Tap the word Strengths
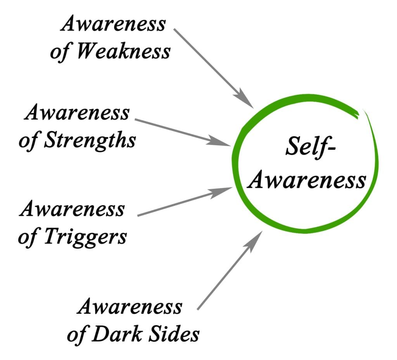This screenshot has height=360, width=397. click(90, 140)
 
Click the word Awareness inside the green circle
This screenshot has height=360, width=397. click(307, 180)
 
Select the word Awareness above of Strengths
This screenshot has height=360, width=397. click(77, 113)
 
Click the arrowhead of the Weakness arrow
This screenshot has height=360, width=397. click(247, 101)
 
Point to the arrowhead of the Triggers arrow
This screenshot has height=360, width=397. click(223, 192)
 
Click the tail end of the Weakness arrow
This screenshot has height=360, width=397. click(174, 29)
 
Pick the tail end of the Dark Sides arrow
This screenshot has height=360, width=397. click(198, 309)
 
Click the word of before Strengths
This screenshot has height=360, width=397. click(29, 140)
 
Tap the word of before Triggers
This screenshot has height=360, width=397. click(28, 236)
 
